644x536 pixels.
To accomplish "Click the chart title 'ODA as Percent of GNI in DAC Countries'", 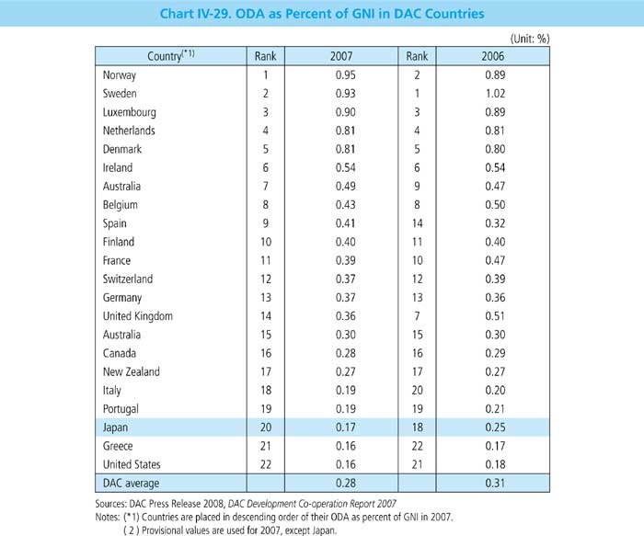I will (x=321, y=13).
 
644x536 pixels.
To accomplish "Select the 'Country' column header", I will (x=171, y=57).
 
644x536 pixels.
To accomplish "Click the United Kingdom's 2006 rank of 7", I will (x=417, y=316).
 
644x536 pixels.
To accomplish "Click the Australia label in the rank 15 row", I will (x=118, y=335).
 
